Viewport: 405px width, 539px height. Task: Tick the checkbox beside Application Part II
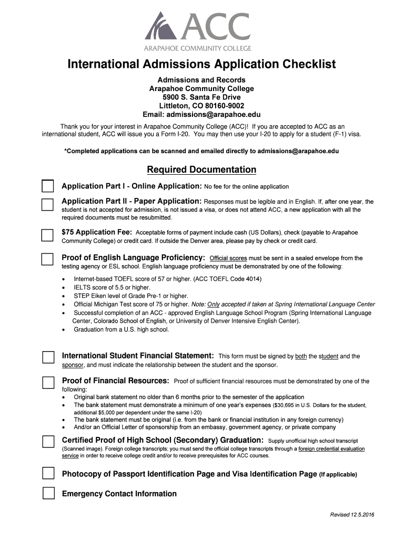point(48,205)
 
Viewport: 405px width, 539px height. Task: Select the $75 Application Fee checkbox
point(48,235)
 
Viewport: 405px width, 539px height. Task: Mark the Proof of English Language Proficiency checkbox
point(48,259)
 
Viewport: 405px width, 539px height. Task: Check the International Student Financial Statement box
point(48,357)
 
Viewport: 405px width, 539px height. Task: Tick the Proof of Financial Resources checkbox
point(48,382)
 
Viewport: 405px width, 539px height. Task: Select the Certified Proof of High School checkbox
point(48,441)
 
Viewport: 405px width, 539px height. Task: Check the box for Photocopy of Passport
point(48,474)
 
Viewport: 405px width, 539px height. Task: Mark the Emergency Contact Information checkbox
point(48,493)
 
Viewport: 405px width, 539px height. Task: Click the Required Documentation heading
point(201,169)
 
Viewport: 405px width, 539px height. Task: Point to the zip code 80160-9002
point(221,106)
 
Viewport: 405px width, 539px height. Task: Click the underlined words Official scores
point(228,258)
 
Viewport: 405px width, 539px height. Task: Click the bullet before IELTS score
point(64,287)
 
